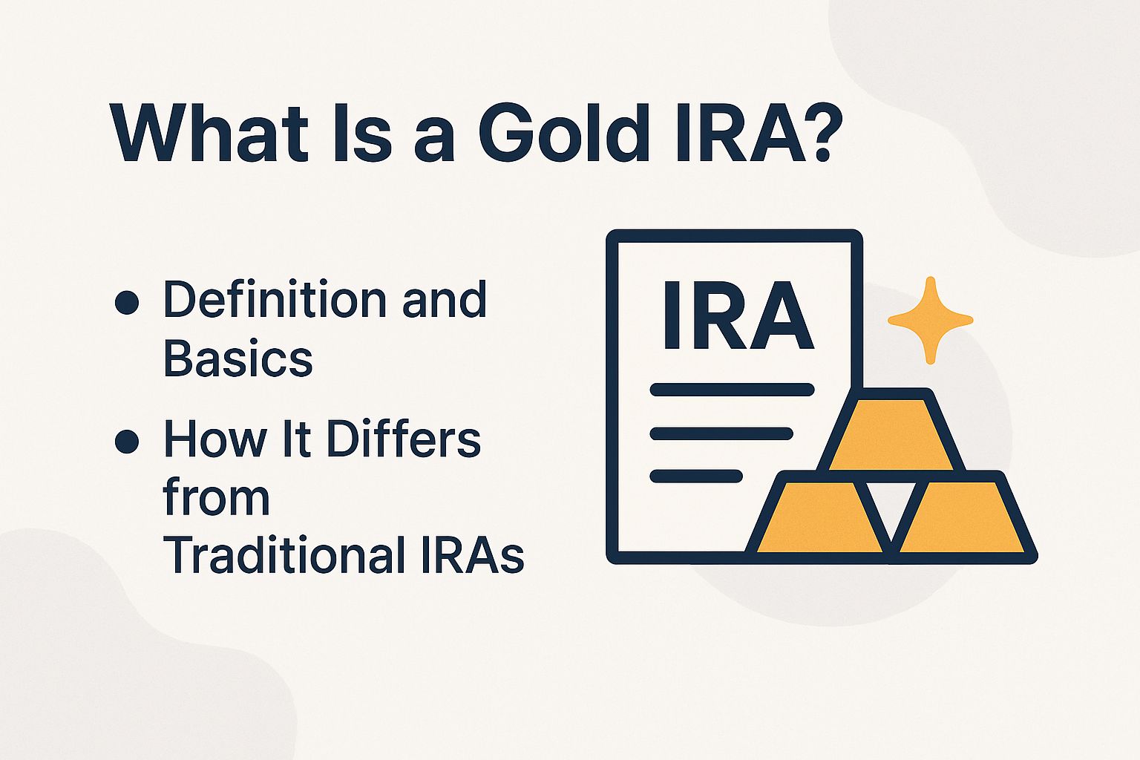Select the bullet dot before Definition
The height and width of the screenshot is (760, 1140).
[x=128, y=303]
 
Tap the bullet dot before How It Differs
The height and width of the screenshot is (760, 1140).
[x=128, y=441]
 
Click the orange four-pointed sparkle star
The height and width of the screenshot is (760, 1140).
[x=930, y=321]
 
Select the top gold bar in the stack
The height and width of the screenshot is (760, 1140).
[x=891, y=434]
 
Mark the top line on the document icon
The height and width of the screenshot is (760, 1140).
[x=732, y=390]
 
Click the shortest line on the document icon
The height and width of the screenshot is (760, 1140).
[x=696, y=476]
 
